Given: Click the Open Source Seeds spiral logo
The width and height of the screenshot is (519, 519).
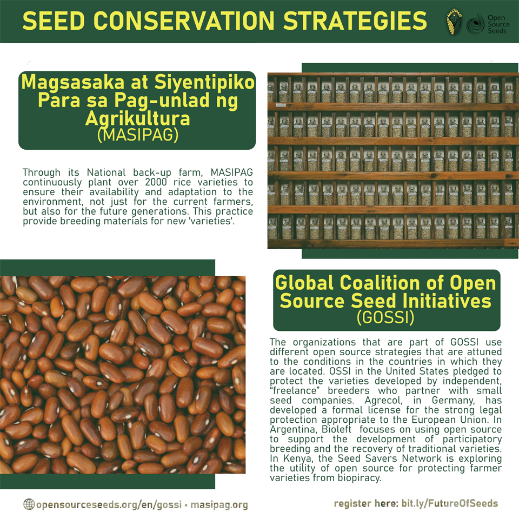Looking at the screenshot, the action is click(x=475, y=24).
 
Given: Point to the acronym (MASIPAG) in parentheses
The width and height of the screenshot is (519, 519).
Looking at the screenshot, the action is click(x=138, y=135).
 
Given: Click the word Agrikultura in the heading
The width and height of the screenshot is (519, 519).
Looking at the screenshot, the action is click(x=138, y=118).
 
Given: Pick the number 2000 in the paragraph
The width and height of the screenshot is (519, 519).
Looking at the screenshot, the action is click(x=156, y=182).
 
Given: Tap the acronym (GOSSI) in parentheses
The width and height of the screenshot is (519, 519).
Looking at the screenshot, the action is click(x=385, y=317).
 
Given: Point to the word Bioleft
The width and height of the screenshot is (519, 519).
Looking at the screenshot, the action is click(x=336, y=429).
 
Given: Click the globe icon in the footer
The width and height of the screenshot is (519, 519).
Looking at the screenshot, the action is click(x=29, y=504).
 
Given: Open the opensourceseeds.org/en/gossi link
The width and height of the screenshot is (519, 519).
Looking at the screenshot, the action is click(x=109, y=505).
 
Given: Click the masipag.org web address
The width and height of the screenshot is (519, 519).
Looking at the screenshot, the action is click(x=219, y=505).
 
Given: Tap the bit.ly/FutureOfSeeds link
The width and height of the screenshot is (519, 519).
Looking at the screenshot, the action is click(x=449, y=503).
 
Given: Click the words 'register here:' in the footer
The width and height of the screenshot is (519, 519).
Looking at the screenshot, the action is click(x=367, y=504).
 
